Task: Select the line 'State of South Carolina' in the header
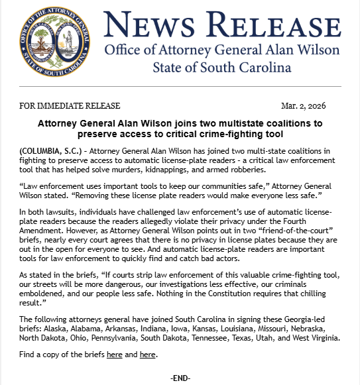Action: [223, 68]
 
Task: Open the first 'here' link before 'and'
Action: [114, 355]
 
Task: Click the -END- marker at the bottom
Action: [180, 378]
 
